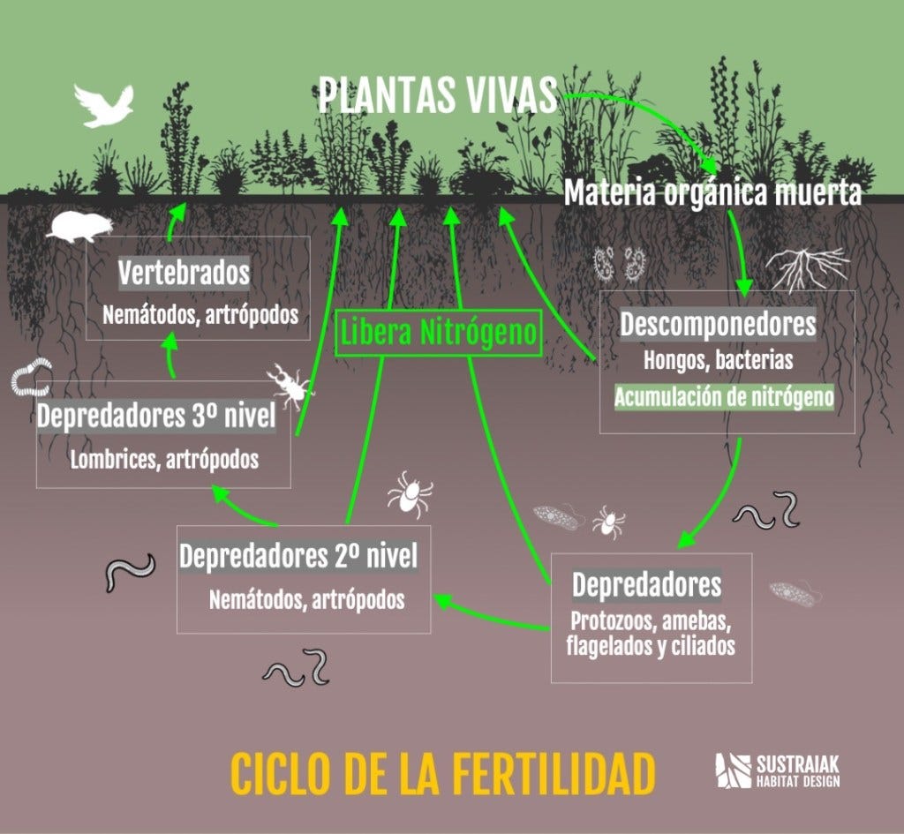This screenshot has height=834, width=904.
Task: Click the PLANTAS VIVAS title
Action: (437, 95)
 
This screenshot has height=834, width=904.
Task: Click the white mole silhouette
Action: (79, 226)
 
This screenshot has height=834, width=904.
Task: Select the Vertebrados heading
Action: (184, 273)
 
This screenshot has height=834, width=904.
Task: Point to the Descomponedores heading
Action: (717, 324)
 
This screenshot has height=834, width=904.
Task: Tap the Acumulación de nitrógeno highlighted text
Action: (723, 396)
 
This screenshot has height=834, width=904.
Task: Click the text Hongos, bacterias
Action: (717, 360)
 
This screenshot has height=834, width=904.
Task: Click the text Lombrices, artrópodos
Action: (165, 460)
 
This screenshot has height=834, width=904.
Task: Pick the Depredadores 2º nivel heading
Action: (298, 556)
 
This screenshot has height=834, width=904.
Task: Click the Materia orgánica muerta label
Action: (712, 192)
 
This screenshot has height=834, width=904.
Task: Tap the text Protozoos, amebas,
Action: (651, 619)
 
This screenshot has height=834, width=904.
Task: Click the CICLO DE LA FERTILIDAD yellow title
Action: (442, 773)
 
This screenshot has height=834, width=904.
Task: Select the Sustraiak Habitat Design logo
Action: (777, 770)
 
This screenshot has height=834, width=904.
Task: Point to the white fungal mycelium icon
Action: (806, 267)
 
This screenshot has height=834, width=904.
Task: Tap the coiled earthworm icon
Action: (33, 378)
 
